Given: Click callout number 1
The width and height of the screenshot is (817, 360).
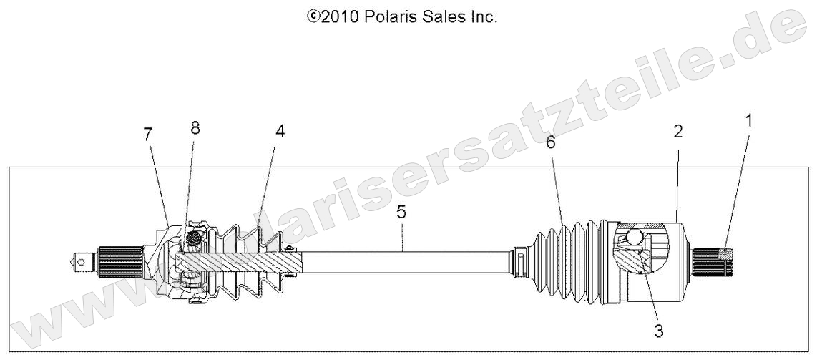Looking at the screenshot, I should pyautogui.click(x=749, y=121).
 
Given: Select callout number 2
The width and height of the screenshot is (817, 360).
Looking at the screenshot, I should pyautogui.click(x=677, y=131).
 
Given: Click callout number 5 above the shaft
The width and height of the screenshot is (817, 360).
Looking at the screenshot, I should pyautogui.click(x=402, y=212).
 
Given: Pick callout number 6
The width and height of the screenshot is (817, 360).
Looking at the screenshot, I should pyautogui.click(x=550, y=142).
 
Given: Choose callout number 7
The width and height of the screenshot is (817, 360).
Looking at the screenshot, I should pyautogui.click(x=148, y=133).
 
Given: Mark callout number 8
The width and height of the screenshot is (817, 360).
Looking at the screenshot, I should pyautogui.click(x=195, y=127).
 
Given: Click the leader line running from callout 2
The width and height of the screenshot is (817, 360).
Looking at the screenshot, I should pyautogui.click(x=677, y=186).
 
